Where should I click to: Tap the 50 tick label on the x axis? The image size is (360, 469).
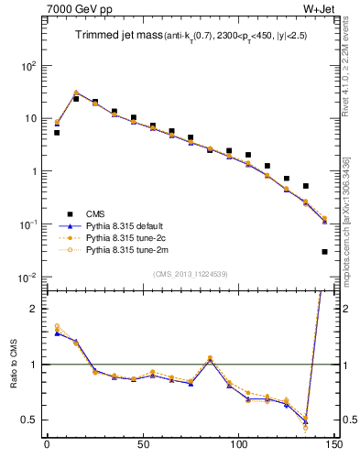click(142, 451)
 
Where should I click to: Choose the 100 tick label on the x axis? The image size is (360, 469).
click(238, 451)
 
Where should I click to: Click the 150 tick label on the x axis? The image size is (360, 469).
click(334, 451)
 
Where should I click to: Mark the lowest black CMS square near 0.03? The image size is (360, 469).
click(325, 251)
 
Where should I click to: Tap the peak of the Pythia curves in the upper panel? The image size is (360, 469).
click(75, 93)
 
